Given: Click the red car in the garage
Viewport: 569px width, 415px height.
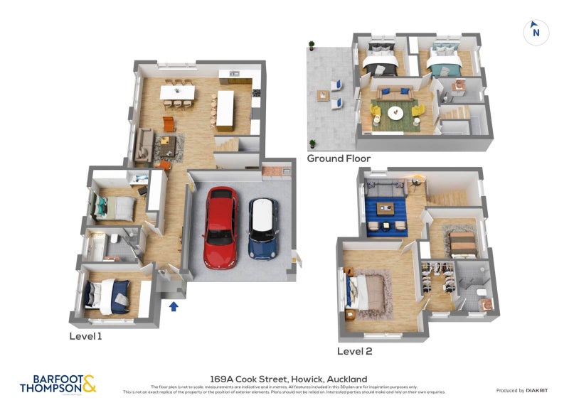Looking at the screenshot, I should [220, 227].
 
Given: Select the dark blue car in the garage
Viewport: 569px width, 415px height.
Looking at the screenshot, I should [262, 228].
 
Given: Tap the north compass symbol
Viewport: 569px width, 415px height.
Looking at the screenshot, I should [536, 31].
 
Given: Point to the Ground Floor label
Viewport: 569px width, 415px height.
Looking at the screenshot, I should [338, 158].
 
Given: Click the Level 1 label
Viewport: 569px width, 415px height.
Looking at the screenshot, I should [85, 335].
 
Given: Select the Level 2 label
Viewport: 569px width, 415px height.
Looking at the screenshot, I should [354, 350].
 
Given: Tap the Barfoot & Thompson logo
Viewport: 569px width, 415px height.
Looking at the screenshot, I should [58, 384].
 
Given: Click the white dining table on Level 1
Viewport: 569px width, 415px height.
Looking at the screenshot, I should [178, 92].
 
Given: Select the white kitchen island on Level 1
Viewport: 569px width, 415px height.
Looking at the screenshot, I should [225, 109].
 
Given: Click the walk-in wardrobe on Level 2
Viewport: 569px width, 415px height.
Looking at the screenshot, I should [437, 281].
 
